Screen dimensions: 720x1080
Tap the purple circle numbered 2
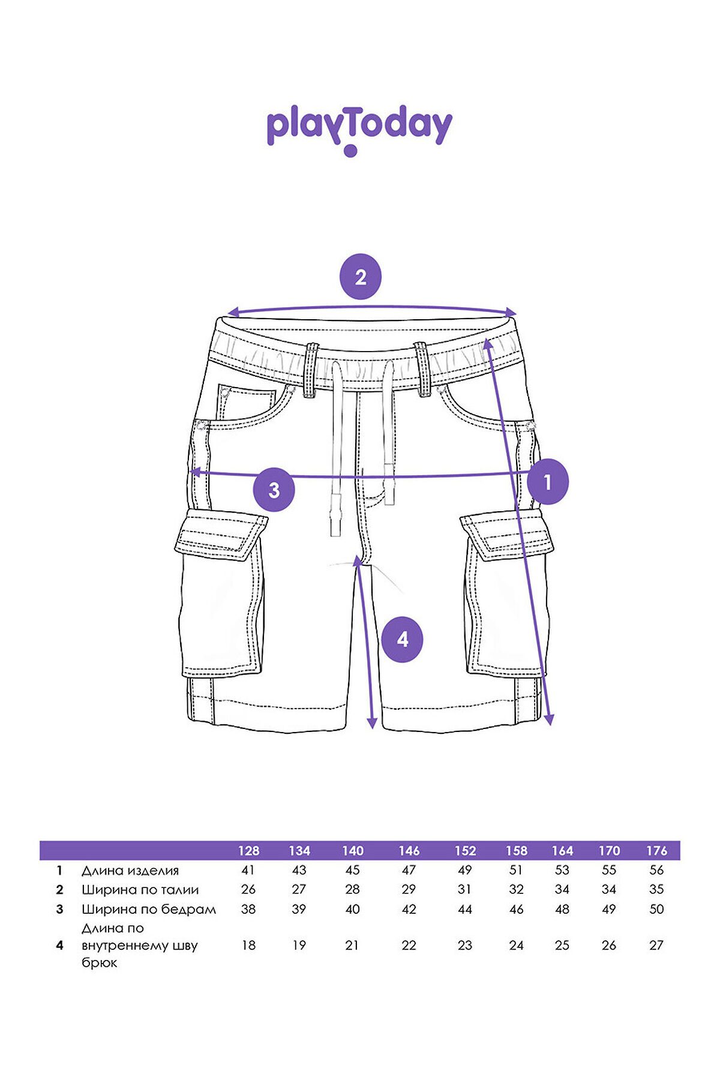click(360, 277)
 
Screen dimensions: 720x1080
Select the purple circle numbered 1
click(547, 481)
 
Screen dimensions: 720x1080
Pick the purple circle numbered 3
click(274, 490)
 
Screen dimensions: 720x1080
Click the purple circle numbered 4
click(403, 640)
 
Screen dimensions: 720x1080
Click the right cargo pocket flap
click(508, 535)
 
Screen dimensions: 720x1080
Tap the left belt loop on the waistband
click(311, 370)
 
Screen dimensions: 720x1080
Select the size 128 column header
click(248, 851)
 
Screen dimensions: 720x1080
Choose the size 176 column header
click(657, 851)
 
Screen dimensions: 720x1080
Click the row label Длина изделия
click(130, 871)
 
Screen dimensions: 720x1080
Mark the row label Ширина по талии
click(140, 890)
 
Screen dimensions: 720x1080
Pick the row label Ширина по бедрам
click(149, 910)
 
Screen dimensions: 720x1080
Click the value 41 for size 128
click(248, 870)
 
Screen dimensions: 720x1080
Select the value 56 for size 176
click(657, 870)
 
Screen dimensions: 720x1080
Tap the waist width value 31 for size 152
click(465, 889)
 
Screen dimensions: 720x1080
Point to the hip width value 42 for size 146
click(409, 909)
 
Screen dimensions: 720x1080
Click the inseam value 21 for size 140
click(352, 946)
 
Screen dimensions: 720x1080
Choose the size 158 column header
click(516, 851)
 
